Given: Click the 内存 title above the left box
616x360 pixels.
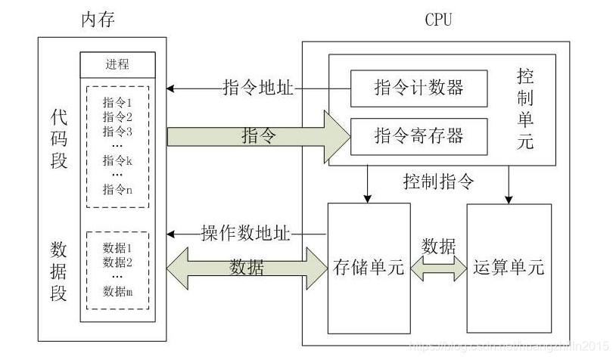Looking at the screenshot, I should (98, 20).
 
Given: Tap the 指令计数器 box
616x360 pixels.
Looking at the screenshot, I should (418, 88).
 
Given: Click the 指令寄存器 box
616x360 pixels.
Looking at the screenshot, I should (418, 136).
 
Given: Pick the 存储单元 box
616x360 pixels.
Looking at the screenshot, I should (369, 267).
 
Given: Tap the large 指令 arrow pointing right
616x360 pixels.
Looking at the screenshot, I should (257, 136).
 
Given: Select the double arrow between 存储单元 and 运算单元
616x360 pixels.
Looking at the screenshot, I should (439, 267).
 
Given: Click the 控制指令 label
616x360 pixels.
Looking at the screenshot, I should (439, 182).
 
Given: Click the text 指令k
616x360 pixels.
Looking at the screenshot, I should (117, 160).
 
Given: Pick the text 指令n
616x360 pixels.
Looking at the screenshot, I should (117, 189).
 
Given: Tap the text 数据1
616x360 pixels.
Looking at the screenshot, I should (117, 248).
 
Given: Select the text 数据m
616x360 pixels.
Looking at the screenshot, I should (117, 292).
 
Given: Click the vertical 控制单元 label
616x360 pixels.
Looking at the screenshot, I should (525, 109).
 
